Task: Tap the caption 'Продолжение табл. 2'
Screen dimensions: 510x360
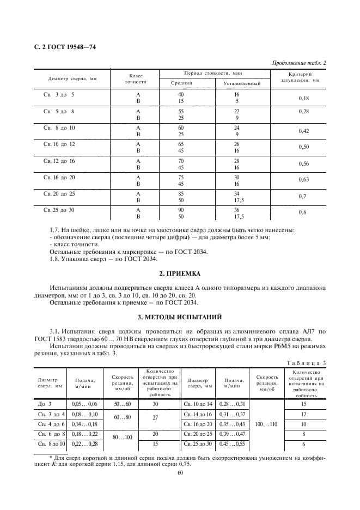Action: coord(299,63)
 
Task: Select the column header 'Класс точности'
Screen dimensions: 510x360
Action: coord(137,78)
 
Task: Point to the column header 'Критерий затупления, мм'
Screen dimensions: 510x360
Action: coord(300,77)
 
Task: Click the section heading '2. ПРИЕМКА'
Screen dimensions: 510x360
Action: coord(179,272)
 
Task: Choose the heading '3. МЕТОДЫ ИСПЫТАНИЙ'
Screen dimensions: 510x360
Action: coord(179,316)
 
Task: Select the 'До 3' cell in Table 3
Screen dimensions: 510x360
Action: coord(45,404)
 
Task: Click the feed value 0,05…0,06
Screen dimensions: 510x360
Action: coord(84,404)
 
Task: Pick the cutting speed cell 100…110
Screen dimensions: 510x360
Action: coord(266,423)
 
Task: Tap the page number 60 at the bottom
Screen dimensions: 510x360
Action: coord(180,473)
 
